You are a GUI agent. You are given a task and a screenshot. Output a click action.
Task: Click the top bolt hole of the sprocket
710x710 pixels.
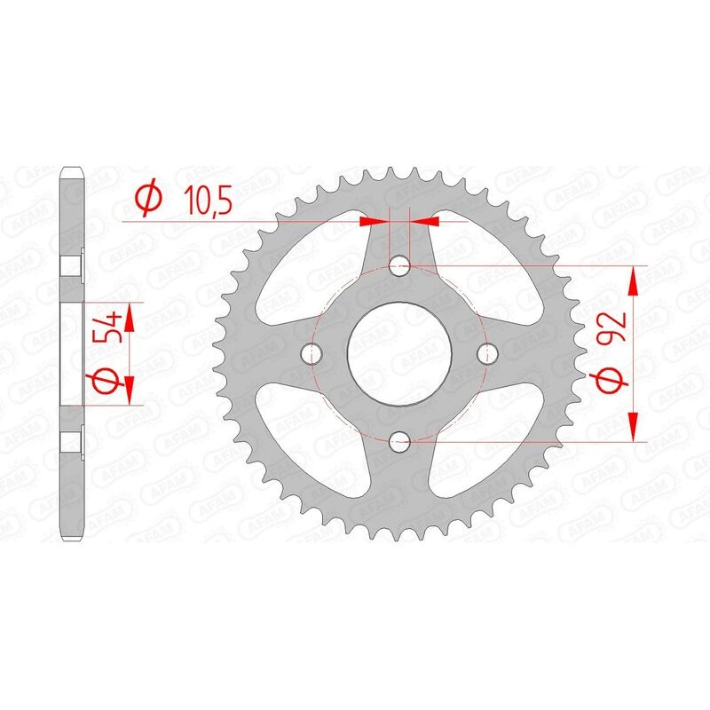pyautogui.click(x=399, y=265)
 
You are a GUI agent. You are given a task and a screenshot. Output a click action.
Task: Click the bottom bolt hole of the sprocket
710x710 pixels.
pyautogui.click(x=399, y=439)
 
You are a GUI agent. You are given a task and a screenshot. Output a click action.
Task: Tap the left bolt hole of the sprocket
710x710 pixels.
pyautogui.click(x=310, y=353)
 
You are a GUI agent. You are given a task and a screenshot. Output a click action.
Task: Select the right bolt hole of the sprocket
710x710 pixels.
pyautogui.click(x=485, y=353)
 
